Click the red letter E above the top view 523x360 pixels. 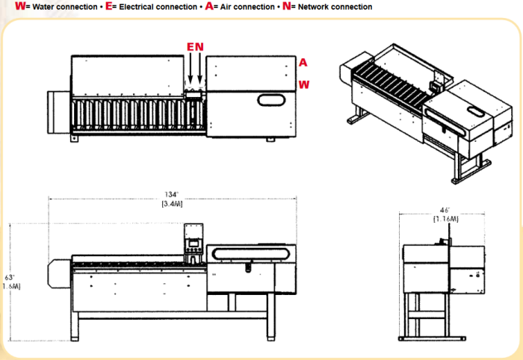[x=191, y=48]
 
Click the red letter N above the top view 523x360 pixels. [x=199, y=48]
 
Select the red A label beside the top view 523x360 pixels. [x=303, y=62]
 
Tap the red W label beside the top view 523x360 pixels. [x=304, y=84]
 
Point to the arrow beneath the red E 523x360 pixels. [x=191, y=71]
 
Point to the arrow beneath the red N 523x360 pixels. [x=200, y=71]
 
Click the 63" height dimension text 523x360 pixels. [x=10, y=277]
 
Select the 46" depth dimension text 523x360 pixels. [x=445, y=211]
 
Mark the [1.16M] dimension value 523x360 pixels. [x=445, y=220]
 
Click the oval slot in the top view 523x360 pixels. [x=271, y=99]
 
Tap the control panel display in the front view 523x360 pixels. [x=194, y=242]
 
